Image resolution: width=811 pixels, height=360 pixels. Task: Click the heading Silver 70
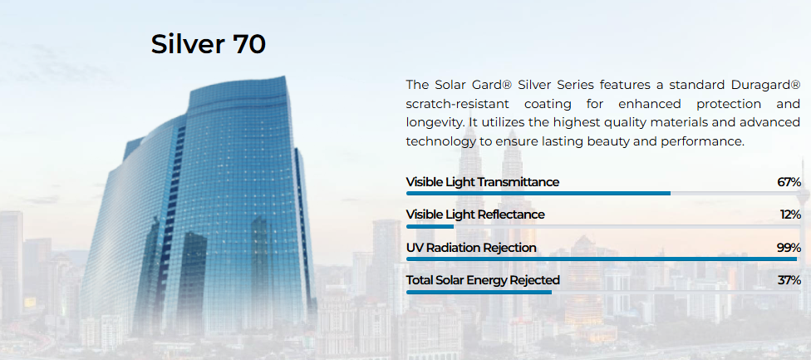point(209,45)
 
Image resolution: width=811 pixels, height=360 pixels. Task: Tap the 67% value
point(789,182)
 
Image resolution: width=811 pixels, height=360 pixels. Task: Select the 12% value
point(790,215)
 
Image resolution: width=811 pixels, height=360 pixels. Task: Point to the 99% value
point(789,248)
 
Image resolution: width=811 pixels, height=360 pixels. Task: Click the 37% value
point(789,280)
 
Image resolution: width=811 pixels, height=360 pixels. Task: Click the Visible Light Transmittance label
point(483,182)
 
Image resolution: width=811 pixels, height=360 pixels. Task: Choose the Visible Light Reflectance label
point(475,215)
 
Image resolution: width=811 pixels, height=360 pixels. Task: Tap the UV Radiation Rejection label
point(471,248)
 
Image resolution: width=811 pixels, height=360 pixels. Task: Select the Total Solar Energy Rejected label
point(483,280)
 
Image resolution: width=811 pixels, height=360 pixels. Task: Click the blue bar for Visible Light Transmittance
point(538,194)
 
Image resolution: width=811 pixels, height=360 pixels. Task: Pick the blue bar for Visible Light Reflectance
point(430,226)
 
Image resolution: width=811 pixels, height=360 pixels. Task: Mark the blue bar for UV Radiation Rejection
point(602,259)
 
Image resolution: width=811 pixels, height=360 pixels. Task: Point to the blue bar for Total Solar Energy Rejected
point(479,292)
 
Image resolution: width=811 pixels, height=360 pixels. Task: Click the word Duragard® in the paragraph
point(766,85)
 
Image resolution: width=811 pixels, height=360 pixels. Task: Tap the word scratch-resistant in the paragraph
point(457,104)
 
